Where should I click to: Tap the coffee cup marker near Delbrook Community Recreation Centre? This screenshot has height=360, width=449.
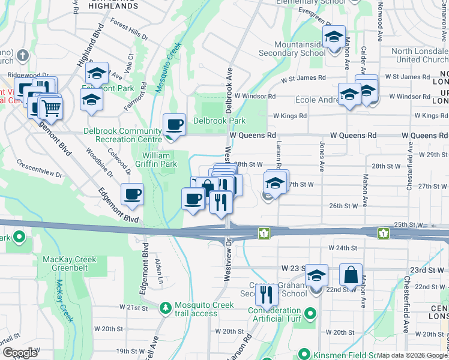pos(174,124)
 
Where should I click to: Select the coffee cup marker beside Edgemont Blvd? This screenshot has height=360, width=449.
pos(132,194)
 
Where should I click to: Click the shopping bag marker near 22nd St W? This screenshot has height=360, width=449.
pos(351,275)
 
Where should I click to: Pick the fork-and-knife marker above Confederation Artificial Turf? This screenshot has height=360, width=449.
pos(265,294)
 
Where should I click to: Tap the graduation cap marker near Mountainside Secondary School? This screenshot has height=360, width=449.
pos(334,37)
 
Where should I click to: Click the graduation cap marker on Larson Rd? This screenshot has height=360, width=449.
pos(276,182)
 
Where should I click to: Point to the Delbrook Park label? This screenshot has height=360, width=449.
pos(219,121)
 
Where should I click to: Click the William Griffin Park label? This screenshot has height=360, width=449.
pos(160,159)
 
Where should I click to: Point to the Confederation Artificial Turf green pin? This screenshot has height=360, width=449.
pos(310,313)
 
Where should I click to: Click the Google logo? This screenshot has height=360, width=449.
pos(20,353)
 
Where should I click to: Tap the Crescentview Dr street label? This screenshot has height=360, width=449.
pos(40,168)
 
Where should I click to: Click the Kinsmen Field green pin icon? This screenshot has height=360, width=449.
pos(305,354)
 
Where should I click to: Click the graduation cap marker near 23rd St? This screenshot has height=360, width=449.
pos(316,275)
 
